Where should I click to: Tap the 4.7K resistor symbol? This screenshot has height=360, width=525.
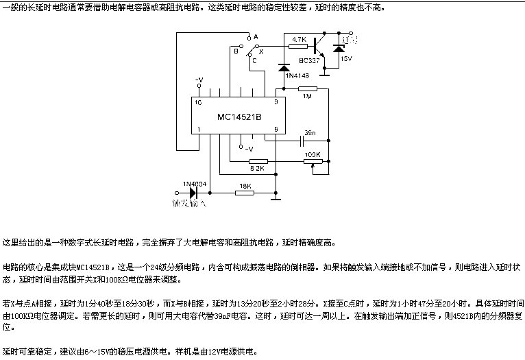(x=298, y=47)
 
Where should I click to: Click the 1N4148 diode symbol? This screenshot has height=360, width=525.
(x=284, y=68)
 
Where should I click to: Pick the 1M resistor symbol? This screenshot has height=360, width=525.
(x=308, y=90)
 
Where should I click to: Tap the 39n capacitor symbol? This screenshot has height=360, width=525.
(x=301, y=141)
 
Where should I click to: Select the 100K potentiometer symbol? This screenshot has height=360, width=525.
(x=313, y=163)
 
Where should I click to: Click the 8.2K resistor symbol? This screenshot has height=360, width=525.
(x=258, y=162)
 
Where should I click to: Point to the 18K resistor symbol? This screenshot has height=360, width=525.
(x=243, y=193)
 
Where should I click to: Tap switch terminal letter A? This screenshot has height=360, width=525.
(x=255, y=36)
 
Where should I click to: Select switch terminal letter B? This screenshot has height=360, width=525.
(x=235, y=50)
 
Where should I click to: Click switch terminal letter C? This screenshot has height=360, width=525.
(x=254, y=60)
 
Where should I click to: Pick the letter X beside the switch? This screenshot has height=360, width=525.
(x=261, y=51)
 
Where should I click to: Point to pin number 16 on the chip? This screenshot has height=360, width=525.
(x=198, y=101)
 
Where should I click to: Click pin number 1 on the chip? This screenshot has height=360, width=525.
(x=198, y=130)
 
